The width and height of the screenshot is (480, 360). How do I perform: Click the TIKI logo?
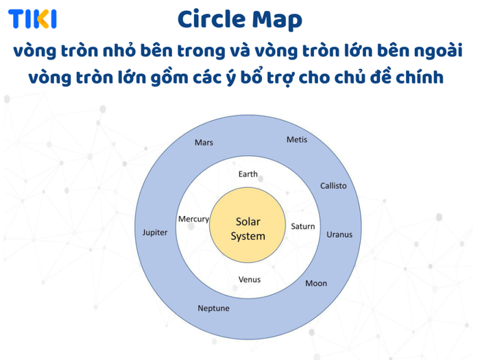pos(32,19)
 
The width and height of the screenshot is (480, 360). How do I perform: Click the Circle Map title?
pos(240,20)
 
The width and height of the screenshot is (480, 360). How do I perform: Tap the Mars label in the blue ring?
pos(204,143)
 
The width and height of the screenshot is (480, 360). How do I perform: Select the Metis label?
pos(297,140)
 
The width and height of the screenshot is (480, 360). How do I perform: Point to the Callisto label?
pos(333,186)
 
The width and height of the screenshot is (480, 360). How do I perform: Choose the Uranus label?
pos(339,235)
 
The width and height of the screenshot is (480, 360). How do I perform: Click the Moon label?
pos(316,283)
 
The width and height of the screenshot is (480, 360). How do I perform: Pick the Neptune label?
pos(213,309)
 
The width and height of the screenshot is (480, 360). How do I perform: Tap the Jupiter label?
pos(155,232)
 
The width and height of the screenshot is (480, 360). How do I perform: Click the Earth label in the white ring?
pos(248,174)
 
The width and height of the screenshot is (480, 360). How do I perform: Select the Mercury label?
pos(194,219)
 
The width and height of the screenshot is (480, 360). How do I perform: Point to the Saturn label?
pos(303,226)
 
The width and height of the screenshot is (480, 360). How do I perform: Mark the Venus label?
pos(250,280)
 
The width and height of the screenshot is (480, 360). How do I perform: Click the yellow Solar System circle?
pos(248,225)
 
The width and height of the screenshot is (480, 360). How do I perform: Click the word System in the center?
pos(248,237)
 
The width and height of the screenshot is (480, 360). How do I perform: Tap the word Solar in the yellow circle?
pos(248,221)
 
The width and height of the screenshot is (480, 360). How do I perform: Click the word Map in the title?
pos(277,21)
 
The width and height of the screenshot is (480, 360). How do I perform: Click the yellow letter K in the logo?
pos(43,19)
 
